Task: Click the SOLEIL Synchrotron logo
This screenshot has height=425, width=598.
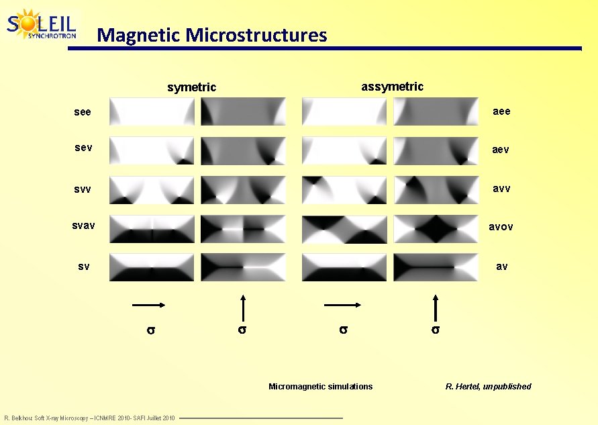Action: coord(42,25)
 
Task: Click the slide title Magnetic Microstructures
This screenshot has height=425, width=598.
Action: coord(211,34)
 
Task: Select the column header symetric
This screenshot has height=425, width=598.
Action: coord(191,87)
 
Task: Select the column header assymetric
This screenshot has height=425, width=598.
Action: coord(392,87)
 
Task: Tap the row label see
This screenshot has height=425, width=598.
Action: coord(83,112)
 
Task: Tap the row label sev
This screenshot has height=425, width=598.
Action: coord(83,148)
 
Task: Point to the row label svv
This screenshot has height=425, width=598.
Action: coord(83,189)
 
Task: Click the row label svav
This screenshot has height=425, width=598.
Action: coord(84,227)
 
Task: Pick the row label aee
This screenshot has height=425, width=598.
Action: coord(501,111)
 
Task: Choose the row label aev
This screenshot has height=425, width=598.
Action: coord(501,150)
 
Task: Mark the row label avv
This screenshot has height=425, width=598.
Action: coord(501,189)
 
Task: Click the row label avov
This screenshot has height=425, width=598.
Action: coord(501,227)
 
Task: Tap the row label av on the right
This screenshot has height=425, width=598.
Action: coord(501,267)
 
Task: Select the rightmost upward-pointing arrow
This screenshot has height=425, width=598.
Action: coord(436,309)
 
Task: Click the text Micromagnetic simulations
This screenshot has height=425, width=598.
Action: coord(320,386)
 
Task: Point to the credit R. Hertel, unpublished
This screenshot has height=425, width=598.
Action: coord(488,386)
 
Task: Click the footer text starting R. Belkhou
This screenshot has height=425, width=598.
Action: coord(89,418)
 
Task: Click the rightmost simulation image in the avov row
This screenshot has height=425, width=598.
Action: coord(436,230)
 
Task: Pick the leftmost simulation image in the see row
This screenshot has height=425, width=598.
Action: coord(152,111)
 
